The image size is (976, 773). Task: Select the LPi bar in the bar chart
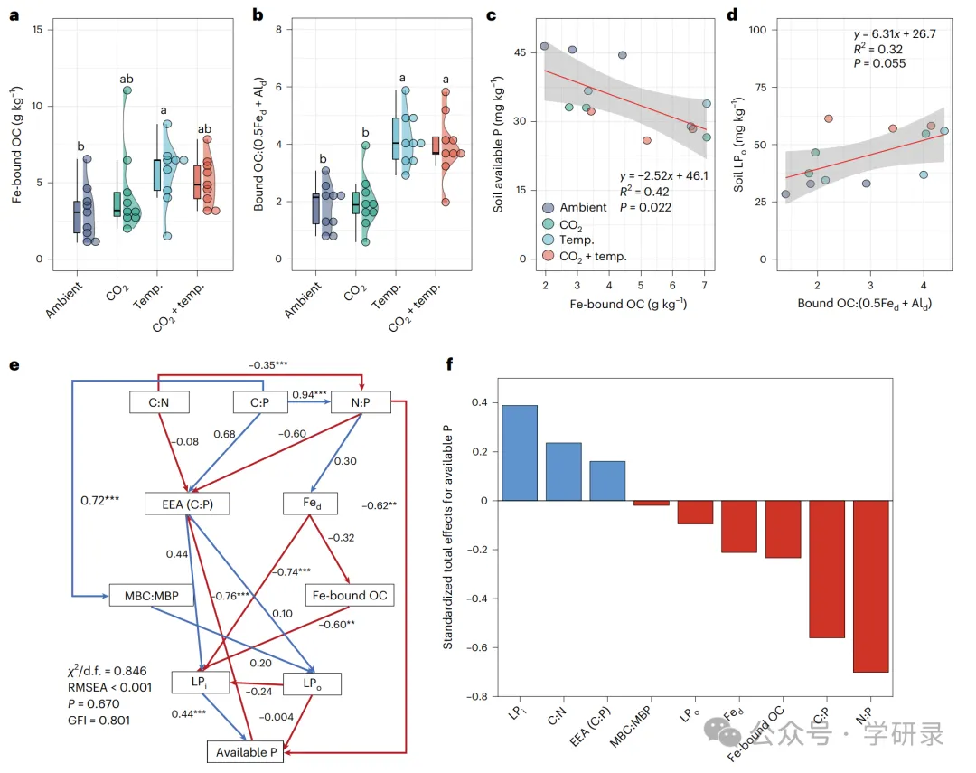click(520, 452)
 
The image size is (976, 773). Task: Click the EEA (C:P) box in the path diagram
click(186, 504)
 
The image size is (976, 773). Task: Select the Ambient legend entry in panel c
click(584, 207)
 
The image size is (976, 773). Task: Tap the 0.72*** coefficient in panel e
click(101, 499)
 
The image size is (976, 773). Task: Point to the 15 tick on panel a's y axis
click(36, 30)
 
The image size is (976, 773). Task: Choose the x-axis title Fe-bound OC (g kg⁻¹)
click(626, 304)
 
